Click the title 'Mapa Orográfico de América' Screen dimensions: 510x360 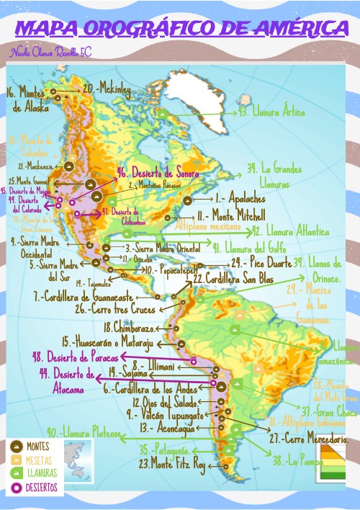[x=180, y=28]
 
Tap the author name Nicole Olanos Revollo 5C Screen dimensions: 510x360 [x=50, y=53]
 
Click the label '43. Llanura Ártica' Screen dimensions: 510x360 [x=271, y=112]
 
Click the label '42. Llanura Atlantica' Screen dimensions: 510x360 [x=290, y=232]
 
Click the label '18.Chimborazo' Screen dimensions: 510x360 [x=135, y=328]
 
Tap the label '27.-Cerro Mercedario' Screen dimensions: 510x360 [x=309, y=438]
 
